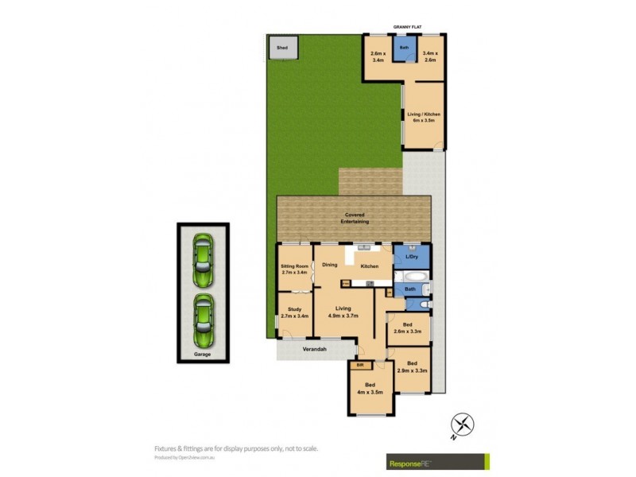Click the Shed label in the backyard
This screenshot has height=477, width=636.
(281, 48)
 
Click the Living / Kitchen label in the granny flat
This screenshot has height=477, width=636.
(424, 118)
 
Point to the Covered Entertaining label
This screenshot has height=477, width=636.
(355, 218)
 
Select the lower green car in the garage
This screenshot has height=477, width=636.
(203, 315)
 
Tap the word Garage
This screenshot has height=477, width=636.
(203, 354)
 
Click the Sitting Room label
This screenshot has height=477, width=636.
(294, 270)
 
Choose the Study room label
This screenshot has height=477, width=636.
(294, 314)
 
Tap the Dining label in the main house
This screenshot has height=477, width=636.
(330, 265)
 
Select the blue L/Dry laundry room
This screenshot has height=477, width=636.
(411, 256)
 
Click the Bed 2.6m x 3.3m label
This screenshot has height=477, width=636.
(407, 328)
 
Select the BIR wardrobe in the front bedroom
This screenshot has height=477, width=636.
(360, 366)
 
